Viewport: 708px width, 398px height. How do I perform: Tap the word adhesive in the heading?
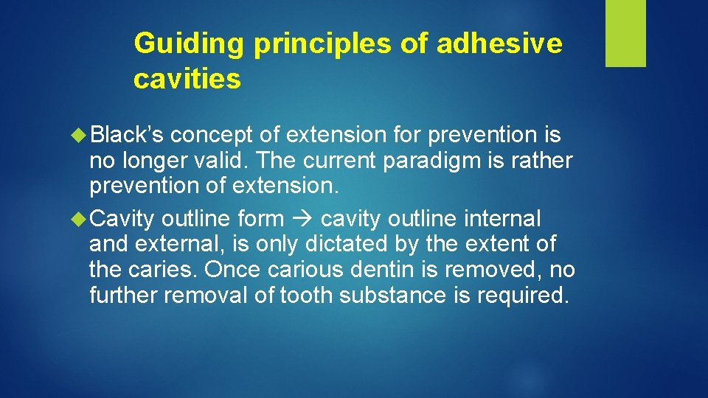point(499,44)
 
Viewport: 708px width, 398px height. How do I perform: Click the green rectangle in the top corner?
point(625,33)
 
